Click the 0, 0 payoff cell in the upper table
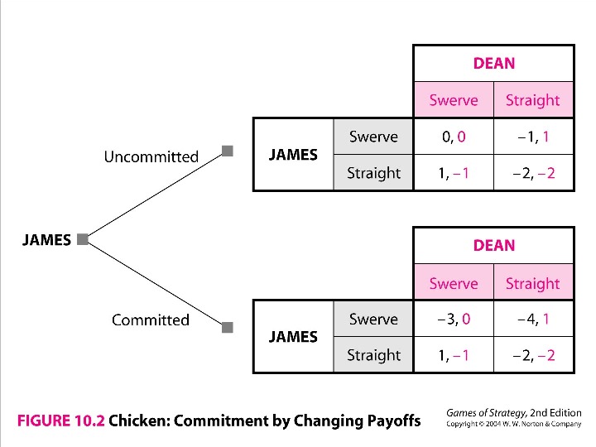pos(453,137)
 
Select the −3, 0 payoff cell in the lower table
pos(453,320)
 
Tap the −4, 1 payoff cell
pos(533,320)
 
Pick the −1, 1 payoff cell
pos(533,137)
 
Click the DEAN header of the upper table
pos(493,63)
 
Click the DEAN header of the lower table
pos(493,246)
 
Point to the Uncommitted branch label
pos(151,156)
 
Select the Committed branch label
pos(151,320)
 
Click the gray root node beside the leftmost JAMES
pos(82,240)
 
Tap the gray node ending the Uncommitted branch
pos(228,151)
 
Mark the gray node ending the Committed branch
pos(228,327)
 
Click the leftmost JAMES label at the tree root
pos(46,240)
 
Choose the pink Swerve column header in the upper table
pos(453,100)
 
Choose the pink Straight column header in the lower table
pos(533,283)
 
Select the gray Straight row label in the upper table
pos(373,173)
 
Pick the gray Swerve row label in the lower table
pos(373,320)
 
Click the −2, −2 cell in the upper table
pos(533,173)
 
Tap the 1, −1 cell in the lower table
pos(453,356)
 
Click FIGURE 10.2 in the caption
pos(60,421)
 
